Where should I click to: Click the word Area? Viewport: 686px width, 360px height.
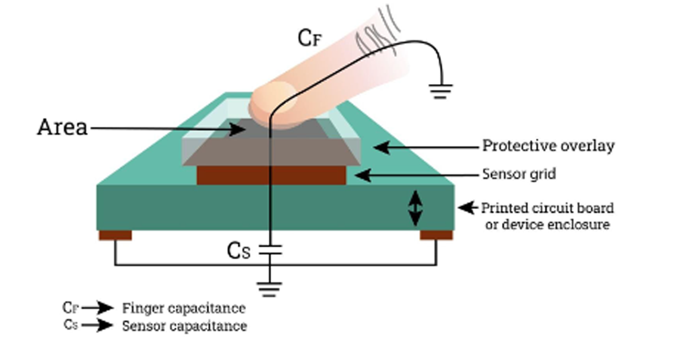point(62,127)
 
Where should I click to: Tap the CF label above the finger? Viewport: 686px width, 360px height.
point(310,38)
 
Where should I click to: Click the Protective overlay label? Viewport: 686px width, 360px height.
point(548,146)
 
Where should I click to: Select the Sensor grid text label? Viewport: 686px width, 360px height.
point(519,174)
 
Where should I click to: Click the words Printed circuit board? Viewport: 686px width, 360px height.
point(548,208)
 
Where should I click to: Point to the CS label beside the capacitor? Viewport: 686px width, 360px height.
point(239,251)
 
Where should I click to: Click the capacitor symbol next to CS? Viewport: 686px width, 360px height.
point(270,250)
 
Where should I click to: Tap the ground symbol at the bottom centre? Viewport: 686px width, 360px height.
point(269,290)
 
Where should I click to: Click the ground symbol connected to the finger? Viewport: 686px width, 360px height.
point(440,91)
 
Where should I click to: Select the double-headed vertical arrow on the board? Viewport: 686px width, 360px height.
point(416,208)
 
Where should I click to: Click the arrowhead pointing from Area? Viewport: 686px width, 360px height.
point(237,129)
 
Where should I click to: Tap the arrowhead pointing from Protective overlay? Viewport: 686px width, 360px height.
point(382,147)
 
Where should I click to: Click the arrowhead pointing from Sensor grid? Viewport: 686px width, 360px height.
point(363,175)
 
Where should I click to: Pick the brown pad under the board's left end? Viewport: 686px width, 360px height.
point(115,235)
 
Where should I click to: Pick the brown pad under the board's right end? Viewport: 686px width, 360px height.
point(436,235)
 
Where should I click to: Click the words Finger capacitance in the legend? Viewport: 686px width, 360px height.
point(184,309)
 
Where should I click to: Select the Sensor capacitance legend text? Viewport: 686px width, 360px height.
point(185,326)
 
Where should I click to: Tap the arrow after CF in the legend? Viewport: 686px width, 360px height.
point(97,308)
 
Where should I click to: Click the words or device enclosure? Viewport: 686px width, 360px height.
point(548,225)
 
